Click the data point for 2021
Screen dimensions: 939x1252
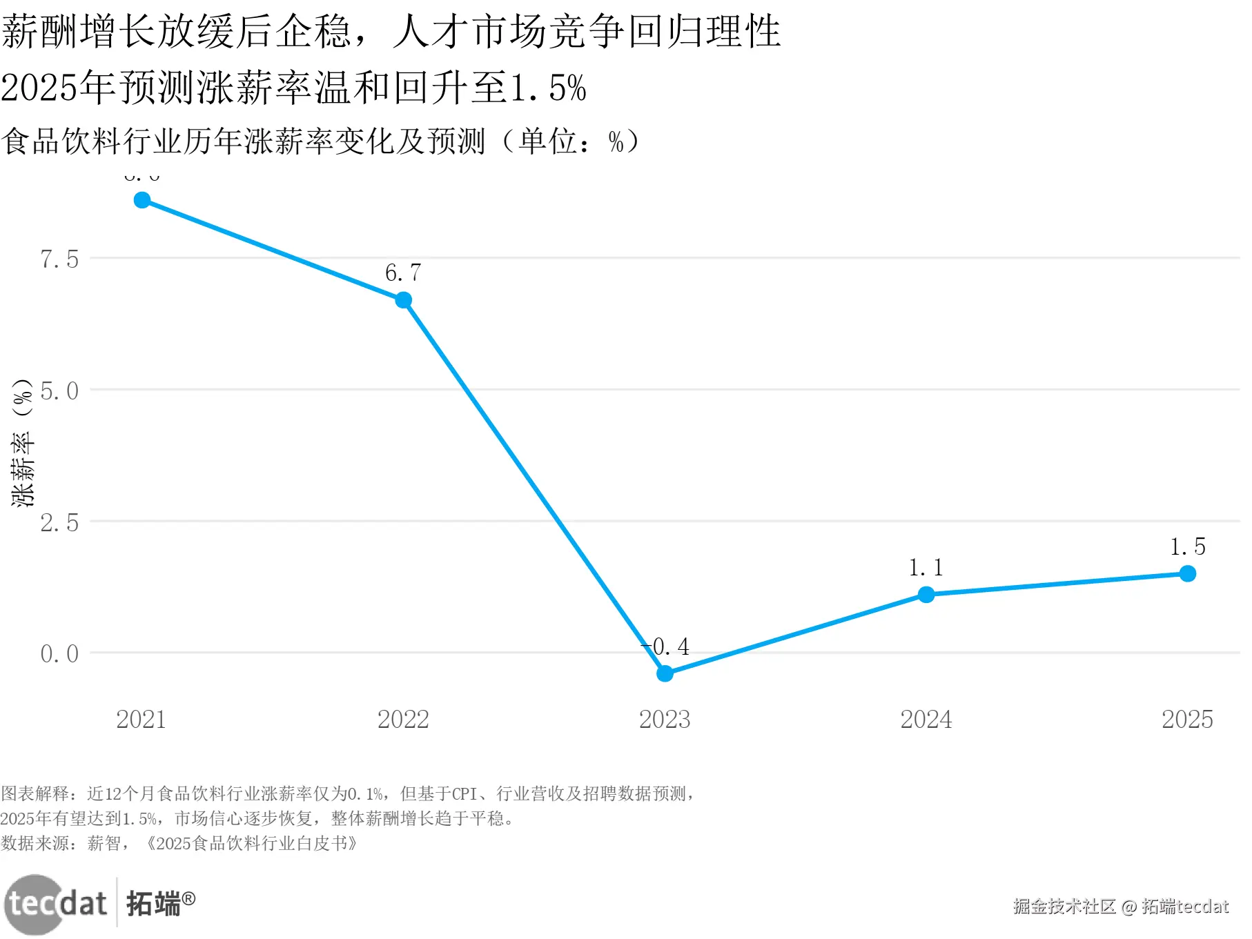[x=142, y=200]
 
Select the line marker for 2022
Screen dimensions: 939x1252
[x=404, y=300]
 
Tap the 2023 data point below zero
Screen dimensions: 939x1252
[x=665, y=673]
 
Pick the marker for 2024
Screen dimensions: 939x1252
[x=926, y=595]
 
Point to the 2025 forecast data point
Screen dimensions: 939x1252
[x=1187, y=573]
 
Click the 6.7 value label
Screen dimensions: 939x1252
[x=403, y=273]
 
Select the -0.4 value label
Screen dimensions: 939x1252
[x=666, y=647]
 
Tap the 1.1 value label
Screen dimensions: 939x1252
[x=926, y=568]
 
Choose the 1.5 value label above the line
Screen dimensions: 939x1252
[x=1187, y=547]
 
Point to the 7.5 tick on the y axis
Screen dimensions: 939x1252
[x=59, y=259]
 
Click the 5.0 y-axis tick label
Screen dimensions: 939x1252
[x=59, y=391]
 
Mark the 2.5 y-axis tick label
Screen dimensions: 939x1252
[x=59, y=523]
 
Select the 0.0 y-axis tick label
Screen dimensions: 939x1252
[x=59, y=654]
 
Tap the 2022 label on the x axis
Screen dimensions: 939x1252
[x=403, y=720]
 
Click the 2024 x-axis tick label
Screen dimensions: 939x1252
[x=926, y=720]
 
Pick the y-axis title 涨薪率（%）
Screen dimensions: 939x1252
[x=23, y=443]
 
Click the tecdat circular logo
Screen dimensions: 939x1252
[x=35, y=904]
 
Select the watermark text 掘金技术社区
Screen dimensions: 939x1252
[x=1064, y=907]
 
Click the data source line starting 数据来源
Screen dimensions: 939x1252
[x=179, y=843]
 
